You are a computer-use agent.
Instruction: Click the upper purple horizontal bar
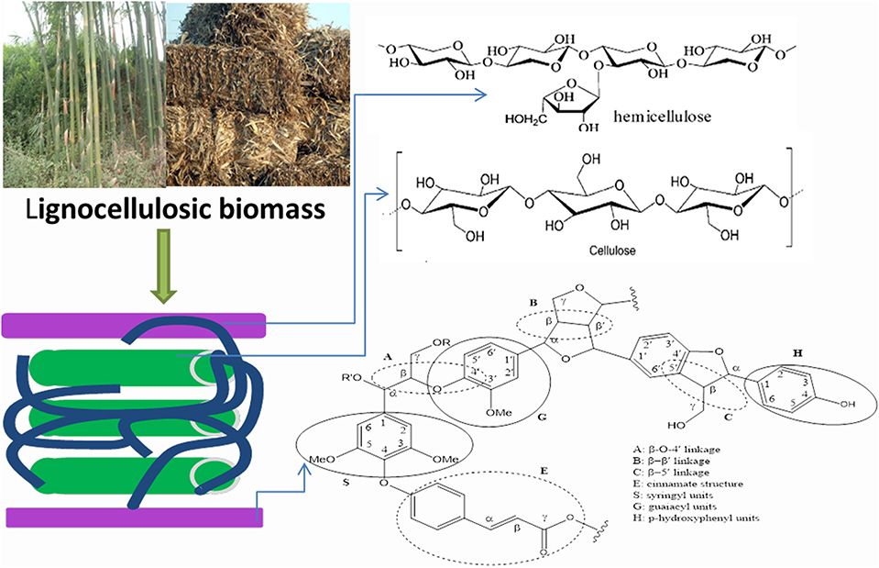tap(135, 324)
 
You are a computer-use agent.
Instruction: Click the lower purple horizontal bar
tap(135, 518)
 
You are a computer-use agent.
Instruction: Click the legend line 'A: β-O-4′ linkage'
tap(671, 447)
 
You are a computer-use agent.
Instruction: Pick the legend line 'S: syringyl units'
tap(664, 495)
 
